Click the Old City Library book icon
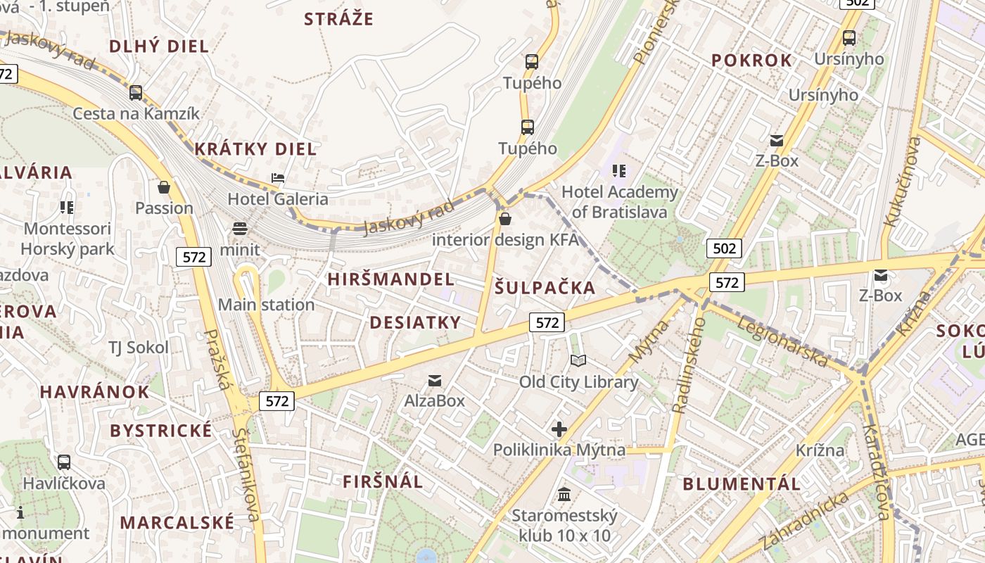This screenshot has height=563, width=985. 578,361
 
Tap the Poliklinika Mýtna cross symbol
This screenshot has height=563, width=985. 559,429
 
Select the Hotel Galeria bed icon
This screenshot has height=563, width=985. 278,178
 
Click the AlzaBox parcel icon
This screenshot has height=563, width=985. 435,381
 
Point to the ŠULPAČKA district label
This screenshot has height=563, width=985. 545,287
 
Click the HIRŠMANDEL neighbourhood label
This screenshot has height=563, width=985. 391,279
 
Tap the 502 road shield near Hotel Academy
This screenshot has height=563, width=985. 724,248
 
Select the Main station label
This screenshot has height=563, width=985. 266,305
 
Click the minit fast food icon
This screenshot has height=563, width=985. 240,229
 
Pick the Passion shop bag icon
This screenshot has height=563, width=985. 164,187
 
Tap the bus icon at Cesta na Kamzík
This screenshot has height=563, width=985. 135,92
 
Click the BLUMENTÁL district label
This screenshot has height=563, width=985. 742,484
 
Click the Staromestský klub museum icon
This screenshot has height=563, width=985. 564,495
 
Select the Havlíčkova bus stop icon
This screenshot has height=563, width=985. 64,462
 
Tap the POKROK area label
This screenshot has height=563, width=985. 751,61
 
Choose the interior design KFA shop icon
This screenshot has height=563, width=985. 504,219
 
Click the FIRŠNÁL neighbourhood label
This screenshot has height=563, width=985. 383,482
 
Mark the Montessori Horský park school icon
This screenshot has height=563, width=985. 67,207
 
